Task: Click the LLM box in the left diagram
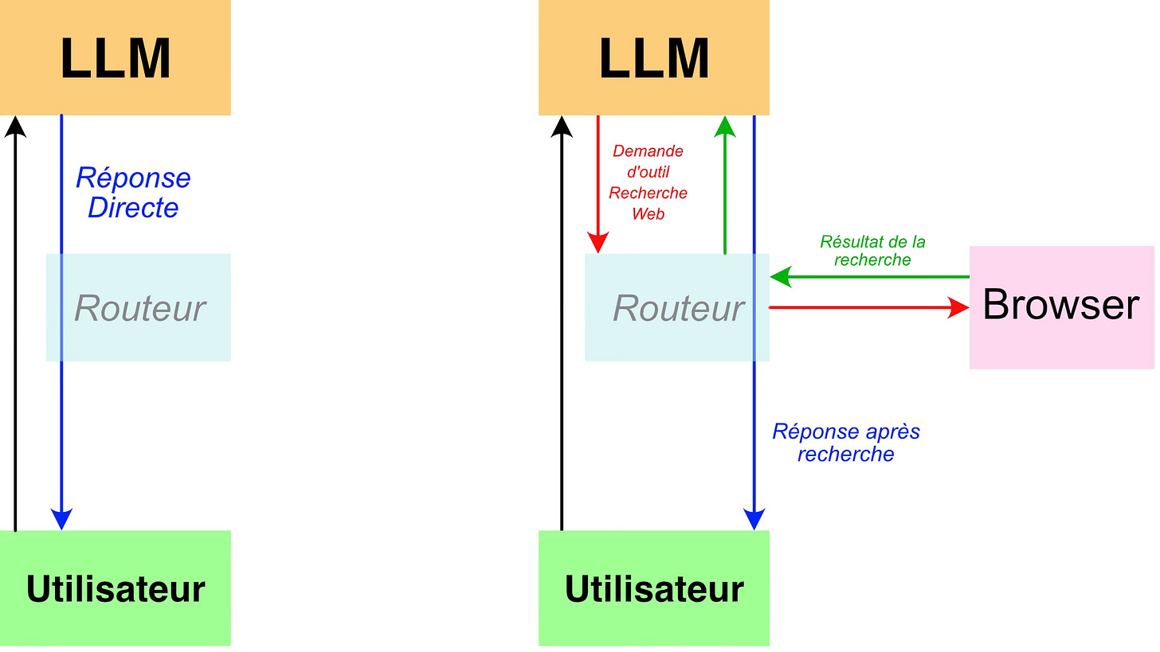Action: pos(116,57)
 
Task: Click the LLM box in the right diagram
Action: pos(654,57)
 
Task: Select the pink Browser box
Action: pos(1061,307)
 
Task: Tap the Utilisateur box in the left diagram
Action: pos(116,588)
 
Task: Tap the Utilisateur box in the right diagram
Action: pos(654,588)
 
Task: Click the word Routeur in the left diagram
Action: pos(140,308)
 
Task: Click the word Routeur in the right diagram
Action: pos(679,308)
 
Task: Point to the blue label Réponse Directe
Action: pos(133,193)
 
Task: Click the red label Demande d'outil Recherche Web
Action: pos(648,182)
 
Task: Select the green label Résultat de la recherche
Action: pos(872,251)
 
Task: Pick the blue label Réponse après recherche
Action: pos(846,443)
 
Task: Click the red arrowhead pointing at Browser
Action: pos(958,307)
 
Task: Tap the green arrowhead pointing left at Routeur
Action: pos(781,277)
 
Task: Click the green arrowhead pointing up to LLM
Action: pos(725,127)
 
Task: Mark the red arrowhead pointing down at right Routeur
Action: pos(598,243)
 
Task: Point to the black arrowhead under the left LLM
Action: pos(16,127)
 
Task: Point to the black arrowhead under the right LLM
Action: pos(562,127)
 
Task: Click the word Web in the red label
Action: pos(648,213)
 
